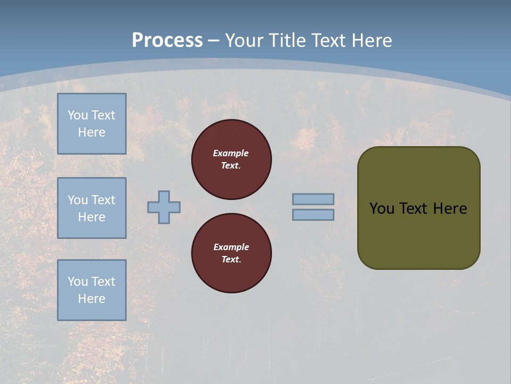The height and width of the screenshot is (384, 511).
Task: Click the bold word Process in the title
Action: [x=167, y=40]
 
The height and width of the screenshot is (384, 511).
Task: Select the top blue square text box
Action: [x=92, y=124]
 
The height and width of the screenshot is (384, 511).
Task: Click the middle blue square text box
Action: [x=92, y=208]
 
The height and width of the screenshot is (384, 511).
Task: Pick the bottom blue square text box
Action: [x=92, y=290]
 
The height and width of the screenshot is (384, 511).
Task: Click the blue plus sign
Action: [x=164, y=207]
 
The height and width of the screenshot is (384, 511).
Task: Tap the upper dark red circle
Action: [x=232, y=159]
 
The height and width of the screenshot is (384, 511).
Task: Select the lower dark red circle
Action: [x=232, y=253]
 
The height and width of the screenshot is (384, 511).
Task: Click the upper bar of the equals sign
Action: [x=313, y=199]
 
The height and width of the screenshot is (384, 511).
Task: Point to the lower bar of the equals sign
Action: [x=313, y=214]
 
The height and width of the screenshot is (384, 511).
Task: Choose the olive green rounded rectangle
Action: [x=418, y=208]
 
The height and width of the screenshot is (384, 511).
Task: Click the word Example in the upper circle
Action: [x=231, y=153]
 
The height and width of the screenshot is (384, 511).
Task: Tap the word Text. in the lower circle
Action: [x=231, y=260]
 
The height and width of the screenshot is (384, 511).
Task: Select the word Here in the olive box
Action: [x=450, y=209]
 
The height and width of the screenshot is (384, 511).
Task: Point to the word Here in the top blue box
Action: [x=92, y=132]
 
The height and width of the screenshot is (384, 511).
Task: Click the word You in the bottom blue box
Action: [x=78, y=281]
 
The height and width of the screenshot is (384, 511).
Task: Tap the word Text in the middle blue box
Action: [x=103, y=200]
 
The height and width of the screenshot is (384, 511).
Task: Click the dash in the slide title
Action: [x=214, y=41]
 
